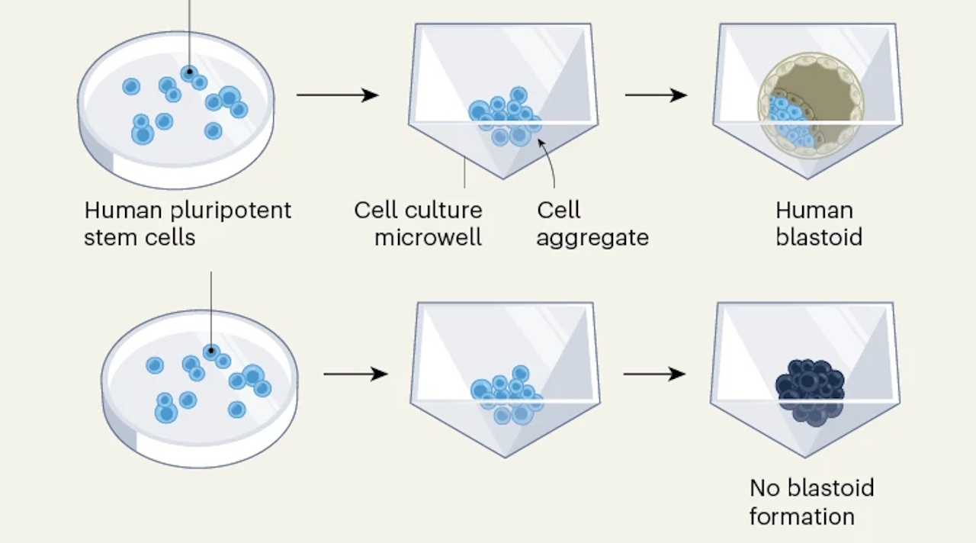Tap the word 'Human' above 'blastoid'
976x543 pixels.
pos(814,210)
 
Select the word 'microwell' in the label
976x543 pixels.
pos(428,237)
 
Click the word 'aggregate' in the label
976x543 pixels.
pos(592,237)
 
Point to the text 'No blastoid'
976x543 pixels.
pos(811,488)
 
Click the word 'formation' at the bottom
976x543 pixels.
pos(801,516)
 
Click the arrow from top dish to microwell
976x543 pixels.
pos(337,95)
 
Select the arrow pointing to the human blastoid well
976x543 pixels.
pos(656,95)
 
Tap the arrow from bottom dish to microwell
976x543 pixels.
pos(355,374)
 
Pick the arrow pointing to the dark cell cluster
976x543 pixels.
pos(654,374)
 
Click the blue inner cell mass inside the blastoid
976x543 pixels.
pos(788,122)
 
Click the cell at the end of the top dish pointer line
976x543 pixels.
pos(189,72)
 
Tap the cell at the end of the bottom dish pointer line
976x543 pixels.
pos(211,352)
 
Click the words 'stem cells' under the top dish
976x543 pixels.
pos(140,237)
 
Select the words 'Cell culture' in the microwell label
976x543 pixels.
pos(418,210)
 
